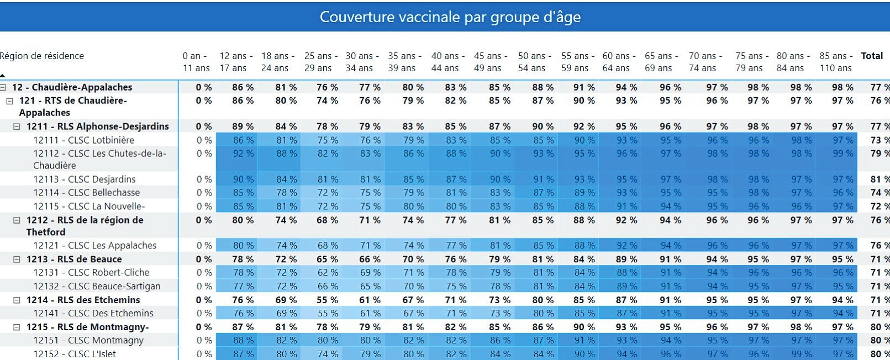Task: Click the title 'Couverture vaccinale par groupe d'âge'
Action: pyautogui.click(x=450, y=17)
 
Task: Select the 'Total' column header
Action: pyautogui.click(x=872, y=56)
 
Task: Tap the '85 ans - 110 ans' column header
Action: pyautogui.click(x=835, y=62)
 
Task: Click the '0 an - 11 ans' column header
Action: pyautogui.click(x=196, y=62)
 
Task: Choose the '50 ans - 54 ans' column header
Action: pyautogui.click(x=531, y=62)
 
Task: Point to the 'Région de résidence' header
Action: pyautogui.click(x=42, y=56)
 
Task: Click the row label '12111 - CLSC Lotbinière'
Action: pyautogui.click(x=83, y=140)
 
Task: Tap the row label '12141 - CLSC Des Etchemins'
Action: pyautogui.click(x=93, y=313)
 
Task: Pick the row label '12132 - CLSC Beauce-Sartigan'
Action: pyautogui.click(x=97, y=286)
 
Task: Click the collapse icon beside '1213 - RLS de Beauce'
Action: pyautogui.click(x=17, y=259)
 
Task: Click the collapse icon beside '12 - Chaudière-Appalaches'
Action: pyautogui.click(x=3, y=87)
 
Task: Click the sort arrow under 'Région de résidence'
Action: pyautogui.click(x=3, y=75)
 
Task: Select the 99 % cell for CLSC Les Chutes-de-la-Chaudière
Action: pyautogui.click(x=843, y=153)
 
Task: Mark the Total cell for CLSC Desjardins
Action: pyautogui.click(x=878, y=179)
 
